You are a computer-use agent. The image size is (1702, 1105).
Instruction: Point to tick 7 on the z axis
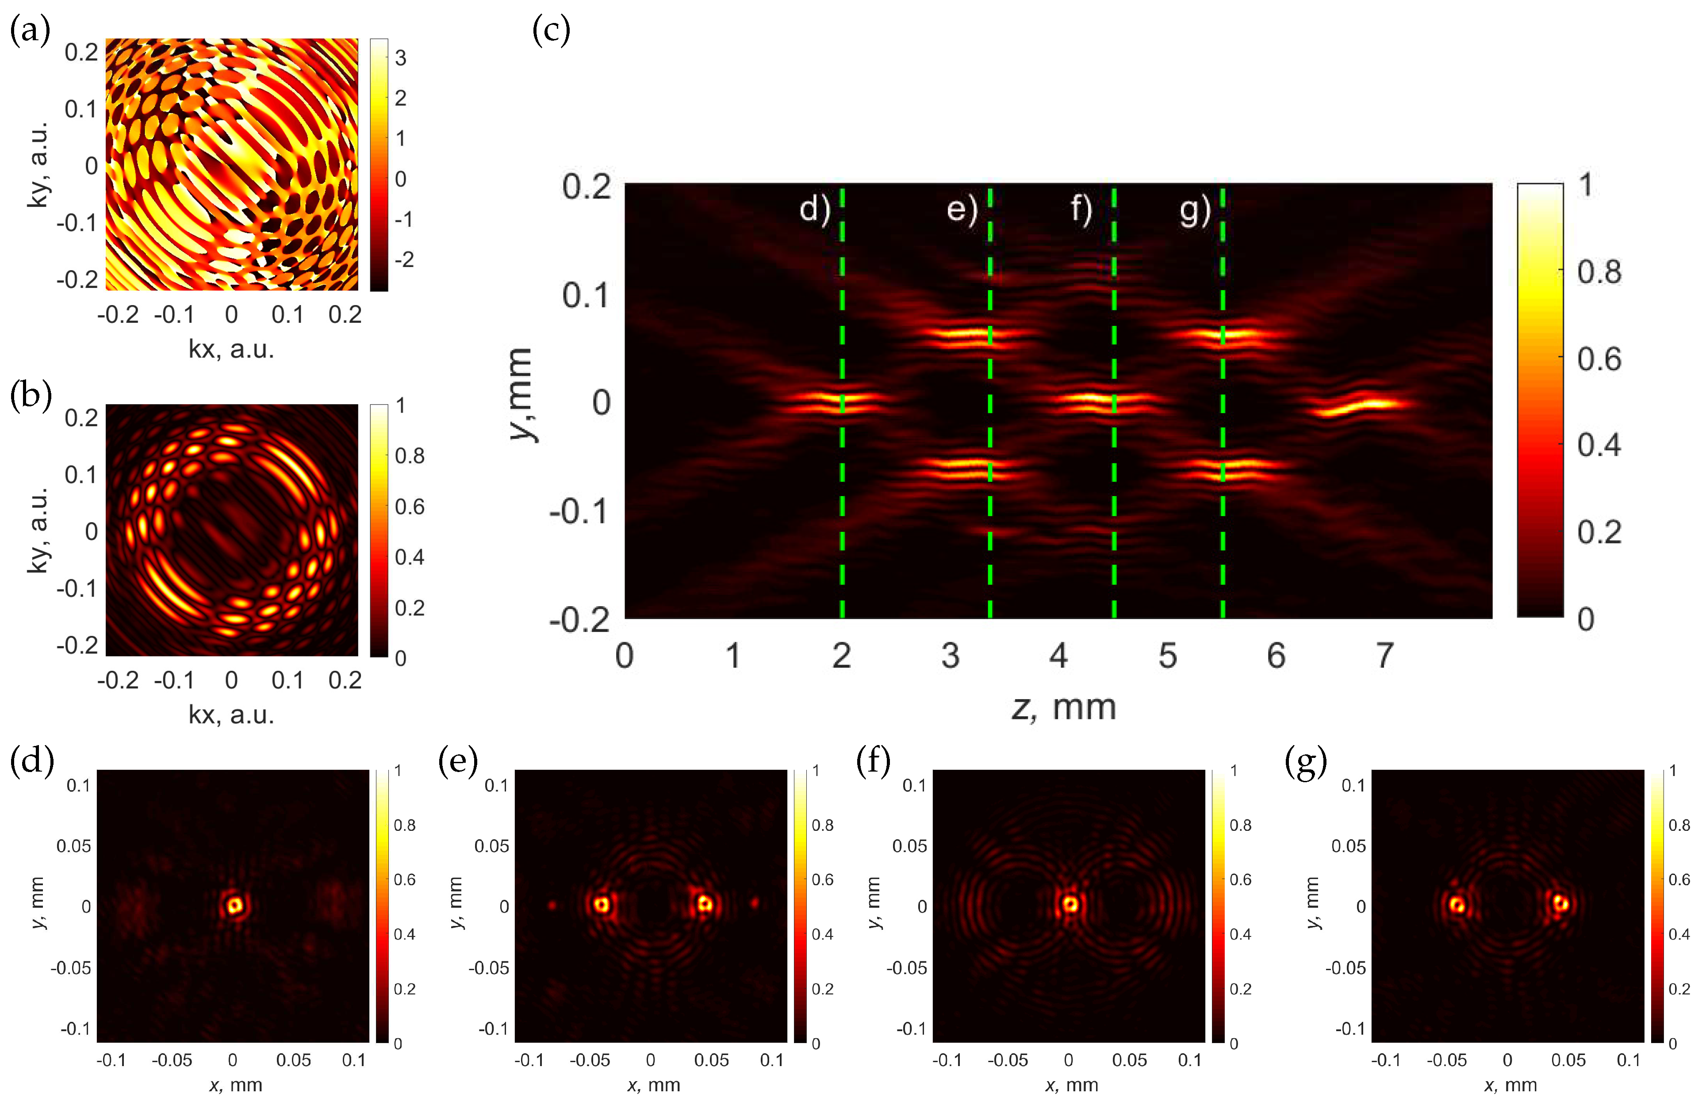coord(1384,655)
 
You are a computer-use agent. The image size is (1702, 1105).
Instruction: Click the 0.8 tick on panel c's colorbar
coord(1599,272)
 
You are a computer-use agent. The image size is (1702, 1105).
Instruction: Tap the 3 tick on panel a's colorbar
coord(400,58)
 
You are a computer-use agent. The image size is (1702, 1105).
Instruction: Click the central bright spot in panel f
coord(1070,904)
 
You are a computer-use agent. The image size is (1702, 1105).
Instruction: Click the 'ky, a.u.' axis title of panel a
coord(38,164)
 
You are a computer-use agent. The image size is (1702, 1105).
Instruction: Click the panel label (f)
coord(873,762)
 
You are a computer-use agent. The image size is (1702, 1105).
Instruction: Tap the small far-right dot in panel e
coord(754,903)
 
